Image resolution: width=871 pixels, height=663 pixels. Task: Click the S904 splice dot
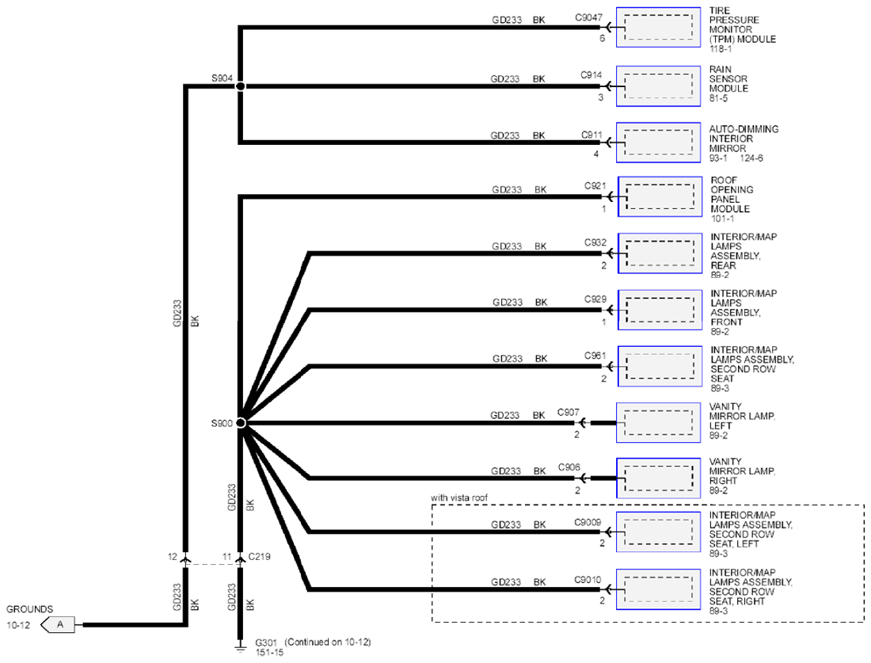click(x=241, y=86)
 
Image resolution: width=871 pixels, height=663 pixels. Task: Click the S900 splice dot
click(x=241, y=423)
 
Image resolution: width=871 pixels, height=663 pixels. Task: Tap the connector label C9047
click(x=588, y=17)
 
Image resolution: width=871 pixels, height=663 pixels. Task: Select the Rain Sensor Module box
click(x=658, y=86)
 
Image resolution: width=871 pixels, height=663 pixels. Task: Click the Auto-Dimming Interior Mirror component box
click(x=658, y=143)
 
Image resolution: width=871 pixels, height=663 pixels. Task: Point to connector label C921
click(x=595, y=185)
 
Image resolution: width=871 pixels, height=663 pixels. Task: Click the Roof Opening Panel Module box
click(x=660, y=196)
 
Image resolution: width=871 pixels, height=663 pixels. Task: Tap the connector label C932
click(x=595, y=242)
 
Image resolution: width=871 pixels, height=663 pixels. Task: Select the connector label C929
click(x=595, y=299)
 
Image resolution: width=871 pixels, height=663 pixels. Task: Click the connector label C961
click(x=595, y=355)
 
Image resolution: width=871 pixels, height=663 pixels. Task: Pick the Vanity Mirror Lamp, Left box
click(x=658, y=423)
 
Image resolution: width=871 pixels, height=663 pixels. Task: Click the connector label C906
click(x=569, y=467)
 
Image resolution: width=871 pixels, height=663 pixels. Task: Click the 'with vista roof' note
click(x=458, y=498)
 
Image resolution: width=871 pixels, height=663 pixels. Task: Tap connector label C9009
click(x=588, y=522)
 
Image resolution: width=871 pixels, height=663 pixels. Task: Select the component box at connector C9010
click(x=658, y=589)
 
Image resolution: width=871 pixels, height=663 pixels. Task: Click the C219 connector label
click(x=260, y=556)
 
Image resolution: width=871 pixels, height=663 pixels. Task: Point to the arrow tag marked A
click(x=59, y=625)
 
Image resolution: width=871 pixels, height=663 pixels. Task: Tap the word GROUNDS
click(x=29, y=609)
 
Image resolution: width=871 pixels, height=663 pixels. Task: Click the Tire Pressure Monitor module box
click(x=658, y=28)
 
